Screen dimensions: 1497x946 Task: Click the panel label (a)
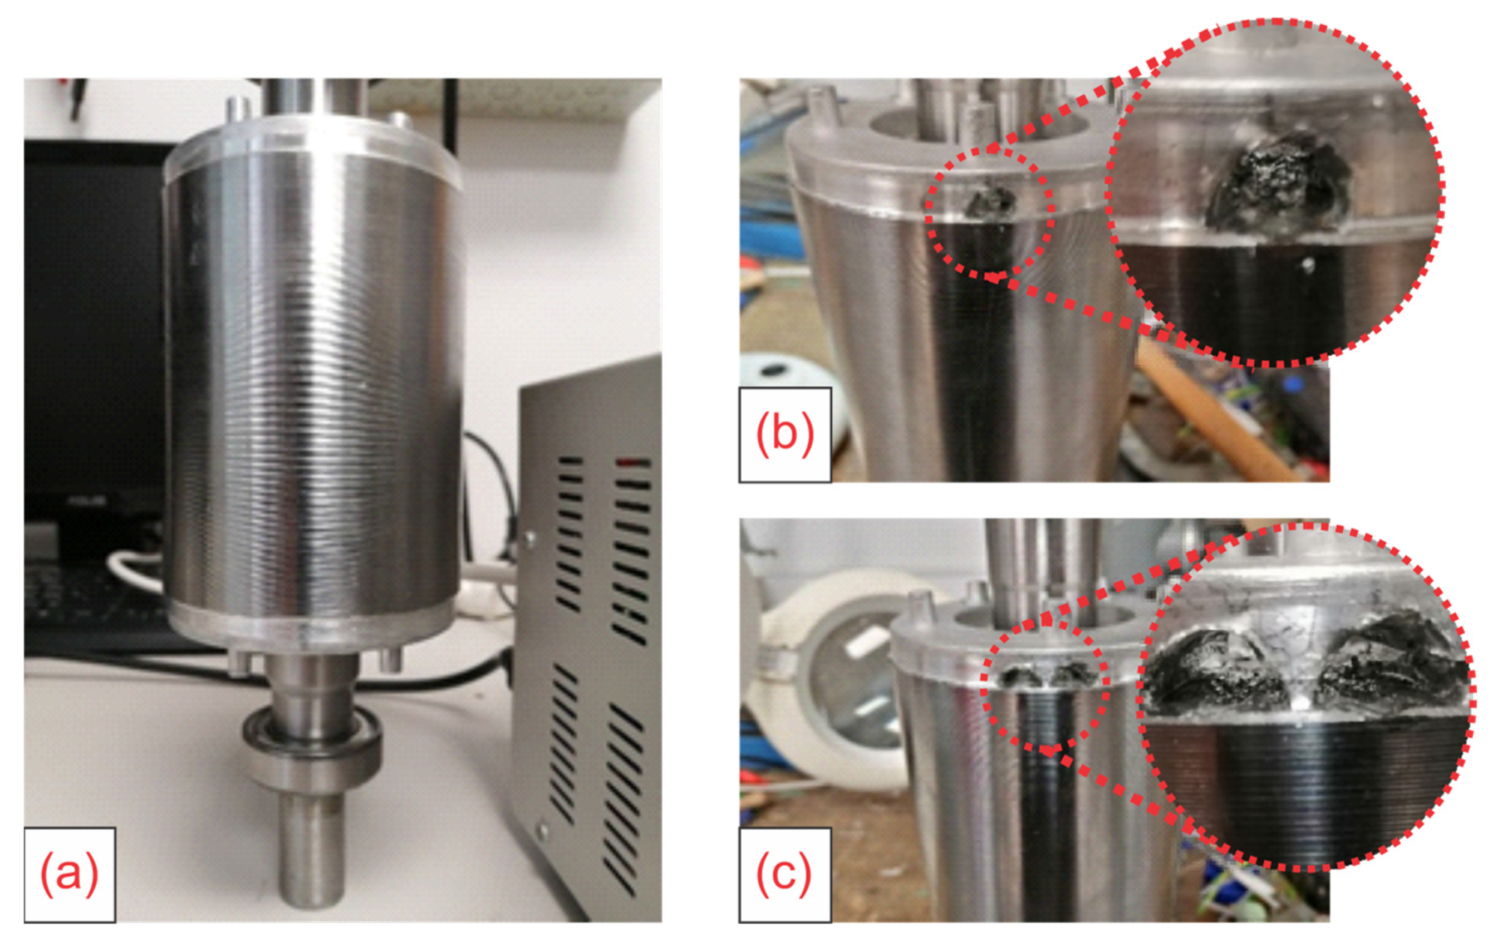point(70,874)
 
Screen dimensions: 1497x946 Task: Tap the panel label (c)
point(784,874)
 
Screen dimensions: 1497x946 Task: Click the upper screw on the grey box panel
point(529,536)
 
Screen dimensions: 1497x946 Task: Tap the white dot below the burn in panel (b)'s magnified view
point(1308,266)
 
